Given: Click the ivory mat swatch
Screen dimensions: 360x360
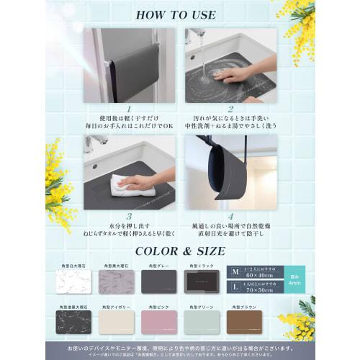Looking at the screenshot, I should (117, 321).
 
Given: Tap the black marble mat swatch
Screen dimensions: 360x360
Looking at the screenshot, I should (73, 321).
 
